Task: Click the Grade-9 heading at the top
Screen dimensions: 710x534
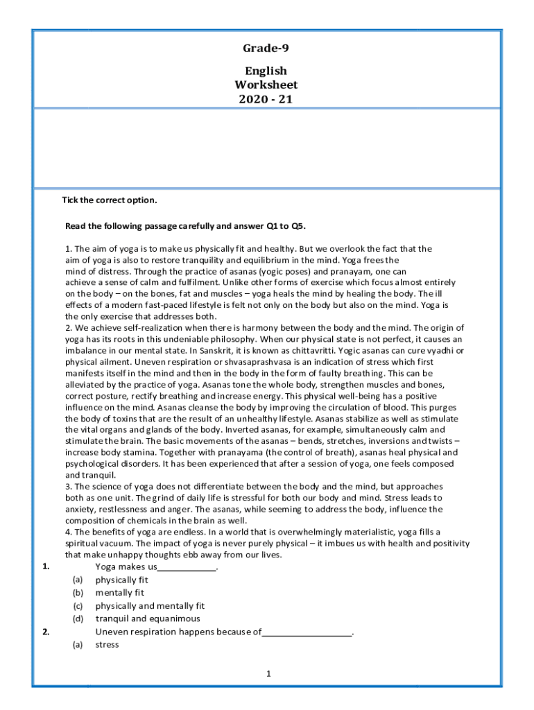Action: click(266, 48)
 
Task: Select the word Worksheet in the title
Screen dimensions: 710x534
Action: click(266, 85)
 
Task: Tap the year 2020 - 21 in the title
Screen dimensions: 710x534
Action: click(266, 98)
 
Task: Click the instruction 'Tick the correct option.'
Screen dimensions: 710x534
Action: click(110, 200)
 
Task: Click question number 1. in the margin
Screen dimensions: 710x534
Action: click(45, 566)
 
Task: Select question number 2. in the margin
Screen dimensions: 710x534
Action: click(45, 632)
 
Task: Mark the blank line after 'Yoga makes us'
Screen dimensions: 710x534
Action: click(188, 568)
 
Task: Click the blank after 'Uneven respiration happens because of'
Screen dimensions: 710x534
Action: click(307, 633)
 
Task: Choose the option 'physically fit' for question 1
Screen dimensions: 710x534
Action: click(121, 580)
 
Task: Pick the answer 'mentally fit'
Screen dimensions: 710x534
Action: click(119, 593)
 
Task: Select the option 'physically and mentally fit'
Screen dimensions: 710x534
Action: click(150, 605)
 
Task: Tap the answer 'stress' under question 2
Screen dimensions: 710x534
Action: click(107, 644)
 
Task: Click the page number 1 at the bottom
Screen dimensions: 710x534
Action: click(268, 673)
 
